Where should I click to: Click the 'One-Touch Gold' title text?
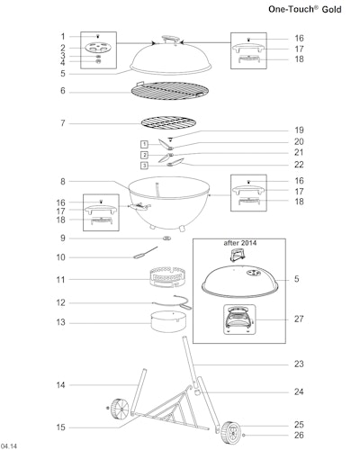point(305,9)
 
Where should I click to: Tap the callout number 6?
point(63,90)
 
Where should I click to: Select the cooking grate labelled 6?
point(170,91)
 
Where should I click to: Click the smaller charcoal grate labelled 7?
point(168,123)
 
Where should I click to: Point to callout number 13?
point(60,322)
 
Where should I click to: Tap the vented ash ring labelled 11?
point(168,277)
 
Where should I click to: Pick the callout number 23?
point(299,364)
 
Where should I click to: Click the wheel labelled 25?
point(230,432)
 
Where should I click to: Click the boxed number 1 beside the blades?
point(144,144)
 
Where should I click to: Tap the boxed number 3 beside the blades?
point(145,166)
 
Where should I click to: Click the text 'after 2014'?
point(239,243)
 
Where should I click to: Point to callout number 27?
point(299,319)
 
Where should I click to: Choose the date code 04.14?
point(9,446)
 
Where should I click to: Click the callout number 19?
point(299,130)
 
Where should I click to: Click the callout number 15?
point(60,427)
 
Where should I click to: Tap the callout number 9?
point(63,238)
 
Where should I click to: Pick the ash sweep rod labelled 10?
point(145,253)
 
